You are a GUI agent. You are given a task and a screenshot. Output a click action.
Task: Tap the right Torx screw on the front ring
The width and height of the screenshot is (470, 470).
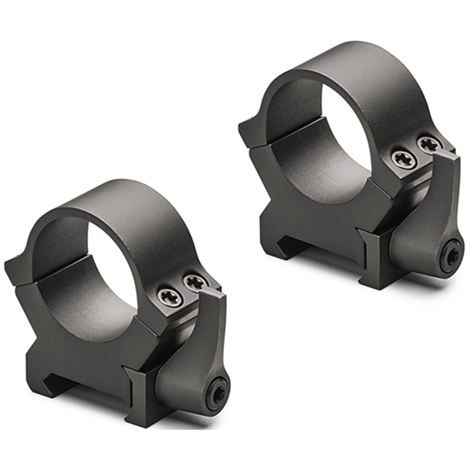[195, 283]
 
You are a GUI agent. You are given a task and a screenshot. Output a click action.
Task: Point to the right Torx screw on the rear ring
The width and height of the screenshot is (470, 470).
[428, 144]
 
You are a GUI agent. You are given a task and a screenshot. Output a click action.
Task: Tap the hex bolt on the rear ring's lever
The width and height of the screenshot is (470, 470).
[452, 256]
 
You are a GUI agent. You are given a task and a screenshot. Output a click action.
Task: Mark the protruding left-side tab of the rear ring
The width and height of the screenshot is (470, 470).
[248, 132]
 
